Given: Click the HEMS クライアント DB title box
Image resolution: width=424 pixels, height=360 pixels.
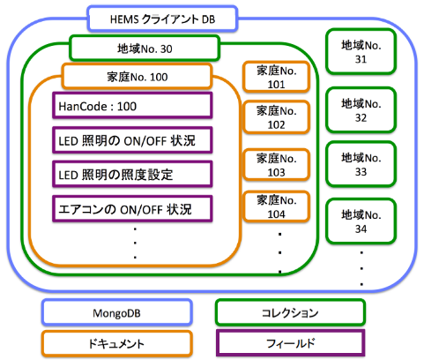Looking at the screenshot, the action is pyautogui.click(x=162, y=19).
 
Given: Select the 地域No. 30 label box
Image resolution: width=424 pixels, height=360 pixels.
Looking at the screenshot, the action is pyautogui.click(x=145, y=49).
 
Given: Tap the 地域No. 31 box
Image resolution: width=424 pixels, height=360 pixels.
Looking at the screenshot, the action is pyautogui.click(x=361, y=52).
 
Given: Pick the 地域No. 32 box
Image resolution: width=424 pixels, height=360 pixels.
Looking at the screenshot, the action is pyautogui.click(x=361, y=110).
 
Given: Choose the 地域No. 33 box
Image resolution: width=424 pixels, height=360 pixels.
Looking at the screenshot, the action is pyautogui.click(x=361, y=164).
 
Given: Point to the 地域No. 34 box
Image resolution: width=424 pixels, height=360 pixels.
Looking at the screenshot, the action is pyautogui.click(x=361, y=221).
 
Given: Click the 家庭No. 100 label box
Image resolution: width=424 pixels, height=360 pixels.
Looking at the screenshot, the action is pyautogui.click(x=137, y=77).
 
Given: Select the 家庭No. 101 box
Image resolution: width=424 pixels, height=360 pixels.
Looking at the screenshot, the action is pyautogui.click(x=276, y=77).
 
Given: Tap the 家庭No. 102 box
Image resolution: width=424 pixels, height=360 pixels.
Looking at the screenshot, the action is pyautogui.click(x=276, y=117).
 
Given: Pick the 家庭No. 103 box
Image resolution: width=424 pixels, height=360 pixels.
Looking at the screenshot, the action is pyautogui.click(x=276, y=165).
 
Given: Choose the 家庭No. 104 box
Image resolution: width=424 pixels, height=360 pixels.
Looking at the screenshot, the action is pyautogui.click(x=276, y=206).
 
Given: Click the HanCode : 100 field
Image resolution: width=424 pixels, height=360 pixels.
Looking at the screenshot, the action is pyautogui.click(x=132, y=106).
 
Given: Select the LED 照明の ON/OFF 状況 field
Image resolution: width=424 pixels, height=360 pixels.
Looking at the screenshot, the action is pyautogui.click(x=132, y=140).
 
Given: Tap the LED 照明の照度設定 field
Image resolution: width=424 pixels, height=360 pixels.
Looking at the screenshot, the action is pyautogui.click(x=132, y=175).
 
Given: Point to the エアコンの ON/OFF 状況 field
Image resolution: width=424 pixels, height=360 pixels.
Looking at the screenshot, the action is pyautogui.click(x=132, y=209).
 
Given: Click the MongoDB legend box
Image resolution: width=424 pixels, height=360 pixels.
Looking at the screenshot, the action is pyautogui.click(x=117, y=312).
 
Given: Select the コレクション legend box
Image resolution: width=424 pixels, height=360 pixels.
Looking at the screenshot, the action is pyautogui.click(x=290, y=312).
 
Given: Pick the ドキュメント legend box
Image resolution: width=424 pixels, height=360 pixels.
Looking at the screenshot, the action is pyautogui.click(x=117, y=343).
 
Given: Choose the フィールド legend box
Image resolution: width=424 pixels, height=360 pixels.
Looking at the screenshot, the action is pyautogui.click(x=290, y=343).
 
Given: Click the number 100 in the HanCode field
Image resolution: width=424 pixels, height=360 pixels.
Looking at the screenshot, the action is pyautogui.click(x=127, y=106).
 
